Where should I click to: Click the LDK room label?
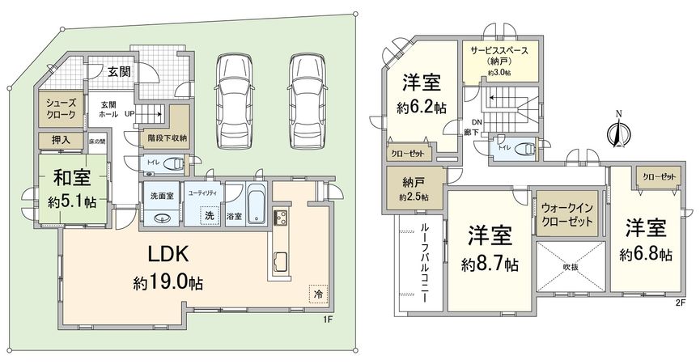(168, 254)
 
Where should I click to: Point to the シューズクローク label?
(60, 110)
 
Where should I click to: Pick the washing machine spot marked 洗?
(209, 216)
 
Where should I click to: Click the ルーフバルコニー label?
(426, 264)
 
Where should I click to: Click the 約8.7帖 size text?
(490, 265)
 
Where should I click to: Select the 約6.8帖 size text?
(646, 254)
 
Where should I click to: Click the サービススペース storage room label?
(500, 55)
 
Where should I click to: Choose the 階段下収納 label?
(167, 138)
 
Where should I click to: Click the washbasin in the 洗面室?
(161, 217)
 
